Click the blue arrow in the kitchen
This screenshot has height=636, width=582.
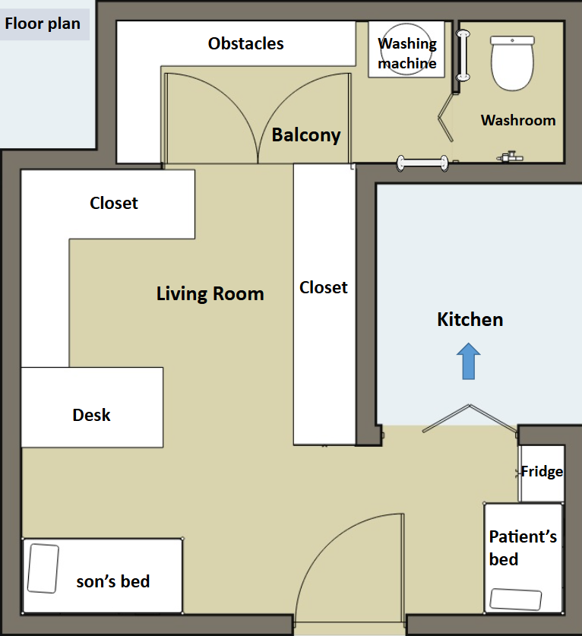click(469, 362)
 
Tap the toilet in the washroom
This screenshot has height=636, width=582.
click(512, 63)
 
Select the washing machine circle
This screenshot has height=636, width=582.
click(406, 49)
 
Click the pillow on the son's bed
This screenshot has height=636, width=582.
click(43, 568)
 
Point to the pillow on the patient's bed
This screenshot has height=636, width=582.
click(516, 600)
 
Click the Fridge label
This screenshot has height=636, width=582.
click(542, 471)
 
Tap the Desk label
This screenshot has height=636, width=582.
click(91, 415)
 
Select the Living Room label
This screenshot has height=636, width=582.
click(210, 293)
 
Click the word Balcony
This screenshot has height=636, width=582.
click(306, 135)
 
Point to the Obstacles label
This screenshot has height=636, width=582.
click(245, 43)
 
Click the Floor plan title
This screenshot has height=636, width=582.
click(43, 24)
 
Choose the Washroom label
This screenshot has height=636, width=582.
click(518, 120)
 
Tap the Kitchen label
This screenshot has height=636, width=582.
click(470, 320)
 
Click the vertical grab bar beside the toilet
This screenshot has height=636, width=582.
click(463, 55)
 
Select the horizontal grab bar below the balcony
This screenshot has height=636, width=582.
click(422, 163)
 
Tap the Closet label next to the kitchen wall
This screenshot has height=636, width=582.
click(323, 287)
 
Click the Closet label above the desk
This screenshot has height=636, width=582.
click(113, 203)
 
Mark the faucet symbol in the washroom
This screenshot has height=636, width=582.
click(509, 157)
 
